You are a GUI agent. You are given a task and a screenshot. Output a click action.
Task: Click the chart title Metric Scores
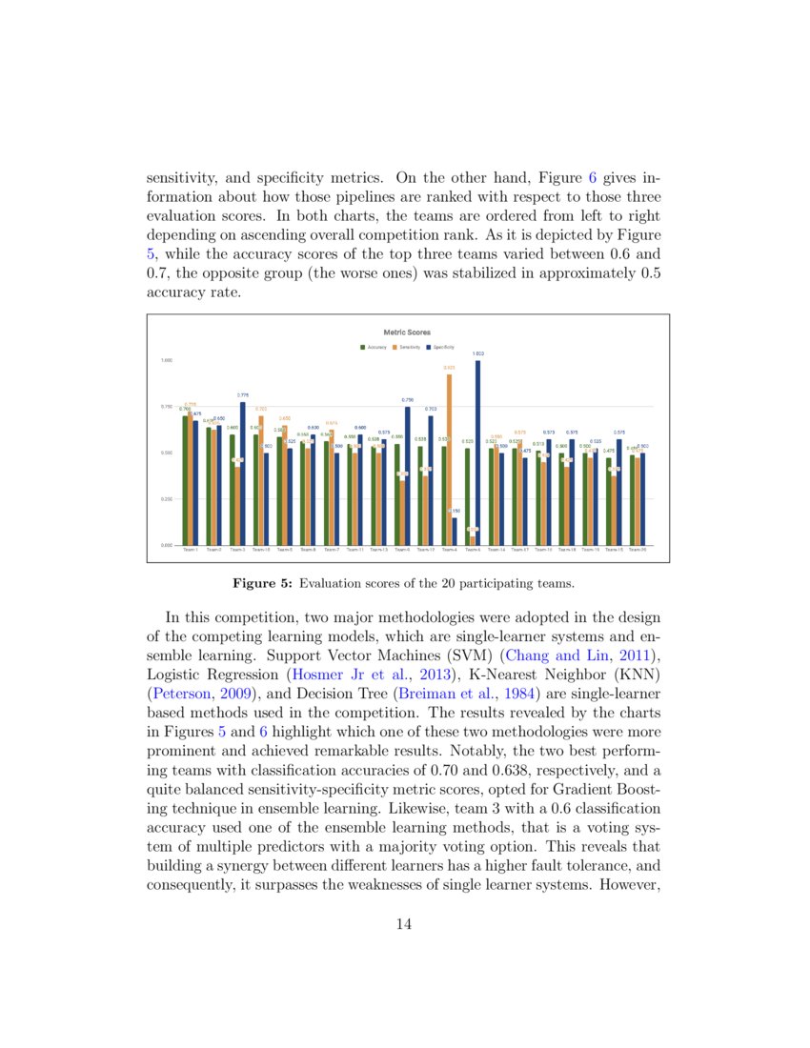pos(407,333)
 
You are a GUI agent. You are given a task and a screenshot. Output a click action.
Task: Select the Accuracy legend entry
pos(373,347)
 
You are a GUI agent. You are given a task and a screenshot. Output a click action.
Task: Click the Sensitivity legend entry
pos(406,347)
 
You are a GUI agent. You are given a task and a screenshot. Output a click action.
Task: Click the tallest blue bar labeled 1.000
pos(477,453)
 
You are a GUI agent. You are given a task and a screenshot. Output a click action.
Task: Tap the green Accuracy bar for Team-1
pos(185,480)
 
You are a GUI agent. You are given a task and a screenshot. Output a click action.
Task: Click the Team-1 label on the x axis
pos(191,550)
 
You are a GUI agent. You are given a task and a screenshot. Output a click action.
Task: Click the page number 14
pos(403,922)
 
